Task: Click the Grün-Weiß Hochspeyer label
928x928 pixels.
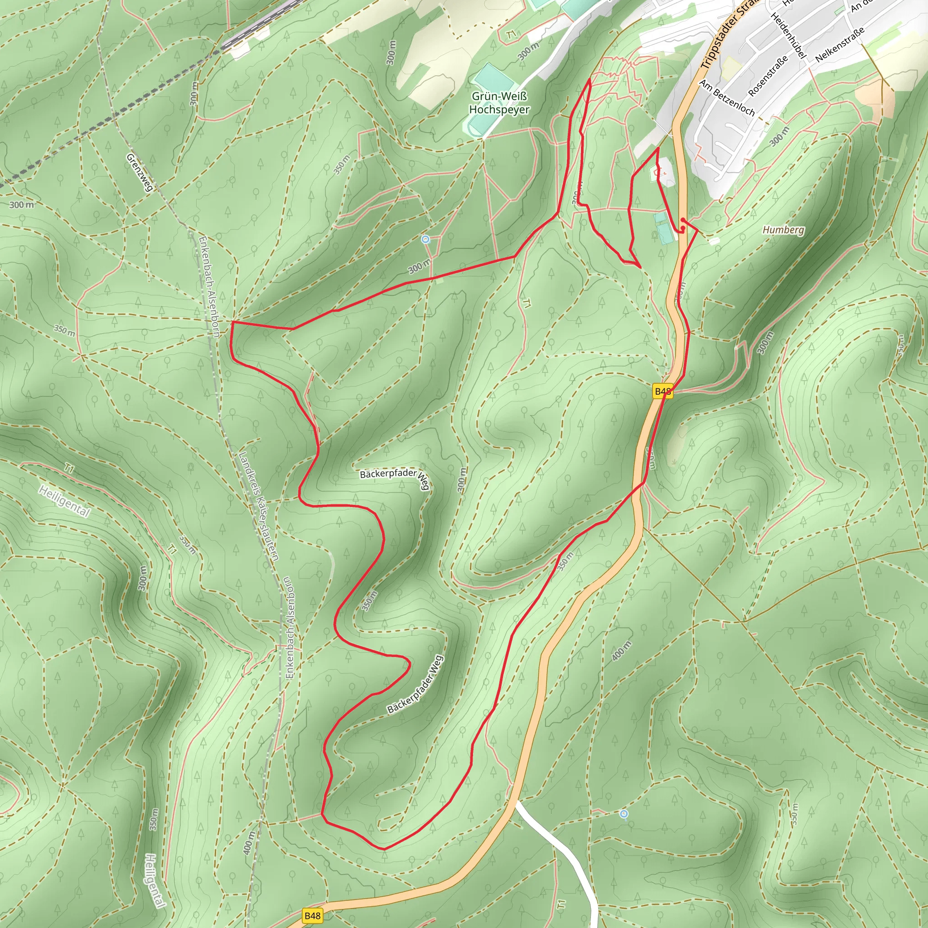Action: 499,103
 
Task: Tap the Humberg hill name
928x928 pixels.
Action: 783,230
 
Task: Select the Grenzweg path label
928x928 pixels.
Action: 140,172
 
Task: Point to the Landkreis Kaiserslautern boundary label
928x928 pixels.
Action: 258,506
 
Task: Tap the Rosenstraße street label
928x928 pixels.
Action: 768,75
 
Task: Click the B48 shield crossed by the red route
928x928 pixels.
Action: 662,391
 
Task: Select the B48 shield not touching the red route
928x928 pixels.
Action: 312,915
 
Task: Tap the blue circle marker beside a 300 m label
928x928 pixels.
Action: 425,239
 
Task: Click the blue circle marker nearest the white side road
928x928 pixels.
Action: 623,814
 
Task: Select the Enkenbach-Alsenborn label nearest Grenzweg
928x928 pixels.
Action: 209,286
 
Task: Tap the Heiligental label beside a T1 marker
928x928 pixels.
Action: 64,501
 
